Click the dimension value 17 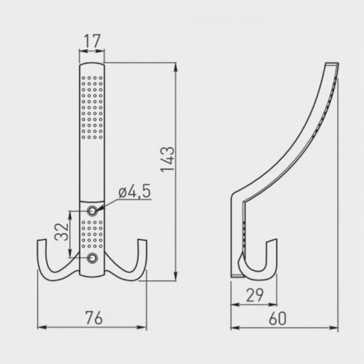(x=92, y=41)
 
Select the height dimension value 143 (x=167, y=160)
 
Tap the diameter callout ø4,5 (x=135, y=192)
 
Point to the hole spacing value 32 (x=62, y=232)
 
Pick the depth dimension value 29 (x=254, y=295)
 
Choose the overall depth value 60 (x=278, y=318)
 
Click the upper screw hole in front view (x=92, y=211)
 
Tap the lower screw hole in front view (x=92, y=258)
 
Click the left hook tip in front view (x=42, y=241)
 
